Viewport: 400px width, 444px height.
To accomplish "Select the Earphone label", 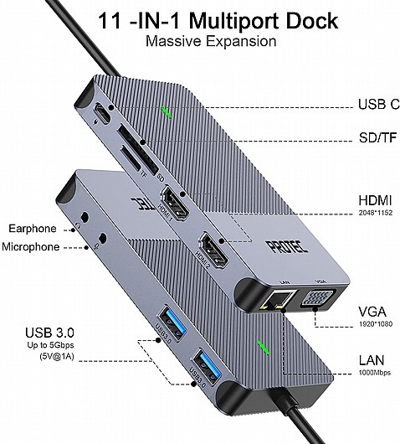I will (x=33, y=228).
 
